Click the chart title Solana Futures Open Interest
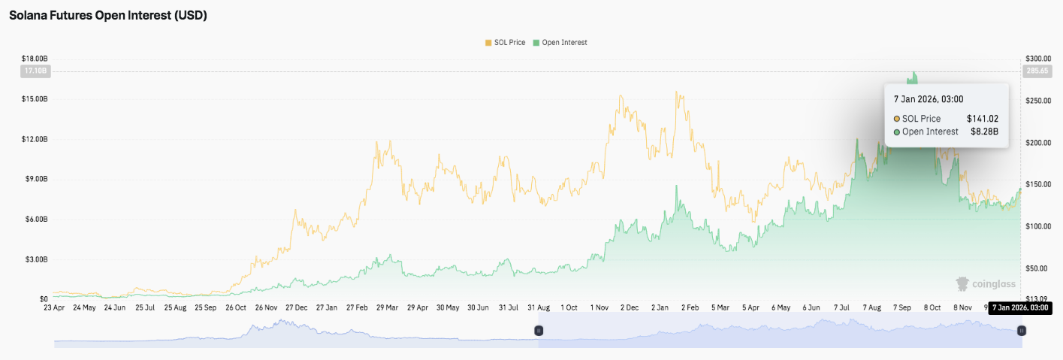pyautogui.click(x=108, y=15)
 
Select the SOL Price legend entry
pyautogui.click(x=506, y=43)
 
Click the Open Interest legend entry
pyautogui.click(x=560, y=43)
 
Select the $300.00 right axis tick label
pyautogui.click(x=1037, y=59)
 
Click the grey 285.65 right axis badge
pyautogui.click(x=1037, y=71)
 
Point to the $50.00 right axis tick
pyautogui.click(x=1037, y=268)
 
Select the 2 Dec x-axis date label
pyautogui.click(x=630, y=307)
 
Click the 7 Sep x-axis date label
pyautogui.click(x=903, y=307)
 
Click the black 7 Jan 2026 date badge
pyautogui.click(x=1019, y=307)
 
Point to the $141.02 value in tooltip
pyautogui.click(x=982, y=119)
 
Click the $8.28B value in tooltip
pyautogui.click(x=984, y=132)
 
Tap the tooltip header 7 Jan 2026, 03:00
pyautogui.click(x=929, y=99)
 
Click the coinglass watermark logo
pyautogui.click(x=985, y=284)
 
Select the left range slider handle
pyautogui.click(x=539, y=331)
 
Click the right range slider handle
pyautogui.click(x=1022, y=331)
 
